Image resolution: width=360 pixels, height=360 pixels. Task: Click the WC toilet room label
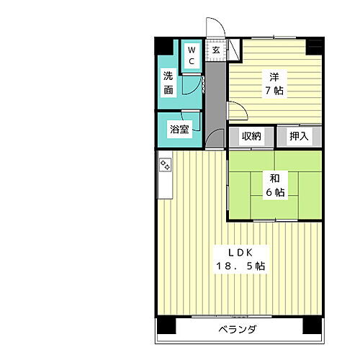point(192,56)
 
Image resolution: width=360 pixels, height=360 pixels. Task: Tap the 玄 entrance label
point(216,50)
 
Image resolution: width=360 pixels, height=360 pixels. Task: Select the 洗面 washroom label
point(168,83)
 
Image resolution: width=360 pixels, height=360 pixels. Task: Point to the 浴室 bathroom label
point(179,130)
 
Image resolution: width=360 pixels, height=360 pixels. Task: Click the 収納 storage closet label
point(251,136)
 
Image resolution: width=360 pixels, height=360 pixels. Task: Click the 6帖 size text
point(275,192)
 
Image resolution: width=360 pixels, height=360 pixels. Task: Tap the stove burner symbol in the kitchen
point(165,165)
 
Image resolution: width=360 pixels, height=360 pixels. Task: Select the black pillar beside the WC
point(165,45)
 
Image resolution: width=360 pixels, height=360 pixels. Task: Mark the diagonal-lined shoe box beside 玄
point(235,51)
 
